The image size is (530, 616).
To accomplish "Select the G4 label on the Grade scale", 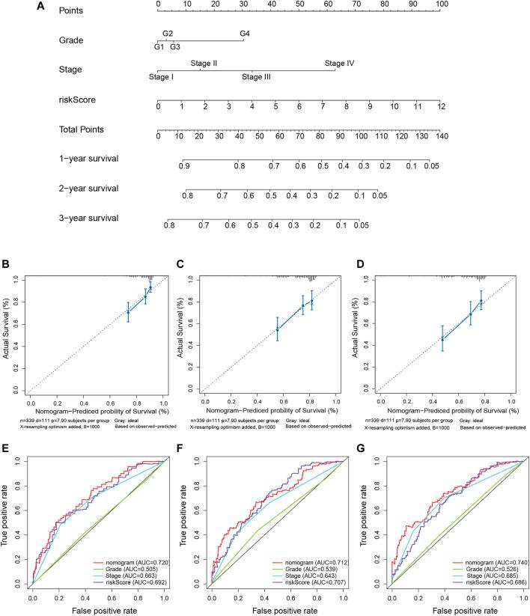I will [244, 34].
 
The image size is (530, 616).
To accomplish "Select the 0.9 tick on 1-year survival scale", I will [184, 165].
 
